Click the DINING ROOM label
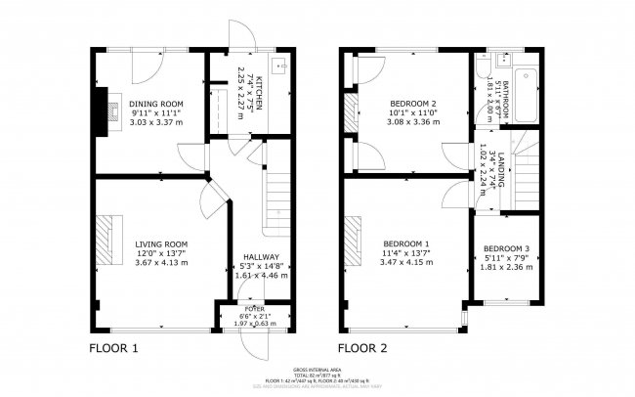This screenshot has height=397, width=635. click(x=157, y=104)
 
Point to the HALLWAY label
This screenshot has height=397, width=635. click(x=261, y=257)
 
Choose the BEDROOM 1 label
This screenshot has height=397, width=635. click(x=405, y=243)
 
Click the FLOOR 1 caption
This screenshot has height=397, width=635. click(x=114, y=347)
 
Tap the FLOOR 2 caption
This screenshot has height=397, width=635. click(x=362, y=347)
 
